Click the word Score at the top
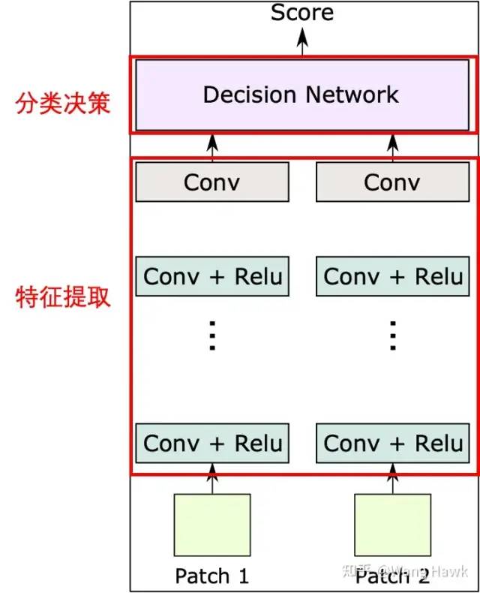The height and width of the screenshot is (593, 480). click(302, 13)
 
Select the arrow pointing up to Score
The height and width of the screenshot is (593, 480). click(302, 41)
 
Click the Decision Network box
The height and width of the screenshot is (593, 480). click(301, 95)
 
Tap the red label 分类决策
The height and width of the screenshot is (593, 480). click(63, 102)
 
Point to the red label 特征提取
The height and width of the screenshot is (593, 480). click(63, 296)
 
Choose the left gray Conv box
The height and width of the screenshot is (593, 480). click(211, 182)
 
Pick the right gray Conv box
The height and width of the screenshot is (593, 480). click(392, 182)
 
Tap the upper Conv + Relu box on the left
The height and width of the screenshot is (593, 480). click(212, 276)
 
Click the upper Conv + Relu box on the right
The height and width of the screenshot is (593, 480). click(392, 276)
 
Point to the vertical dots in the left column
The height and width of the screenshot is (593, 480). click(212, 336)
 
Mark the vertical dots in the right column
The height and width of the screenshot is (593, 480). click(392, 336)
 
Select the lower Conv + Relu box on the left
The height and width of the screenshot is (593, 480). click(212, 443)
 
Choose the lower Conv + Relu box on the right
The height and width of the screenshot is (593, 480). click(392, 443)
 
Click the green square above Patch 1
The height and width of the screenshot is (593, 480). click(212, 524)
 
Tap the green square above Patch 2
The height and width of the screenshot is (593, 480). click(392, 524)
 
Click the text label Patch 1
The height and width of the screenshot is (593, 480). click(211, 576)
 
